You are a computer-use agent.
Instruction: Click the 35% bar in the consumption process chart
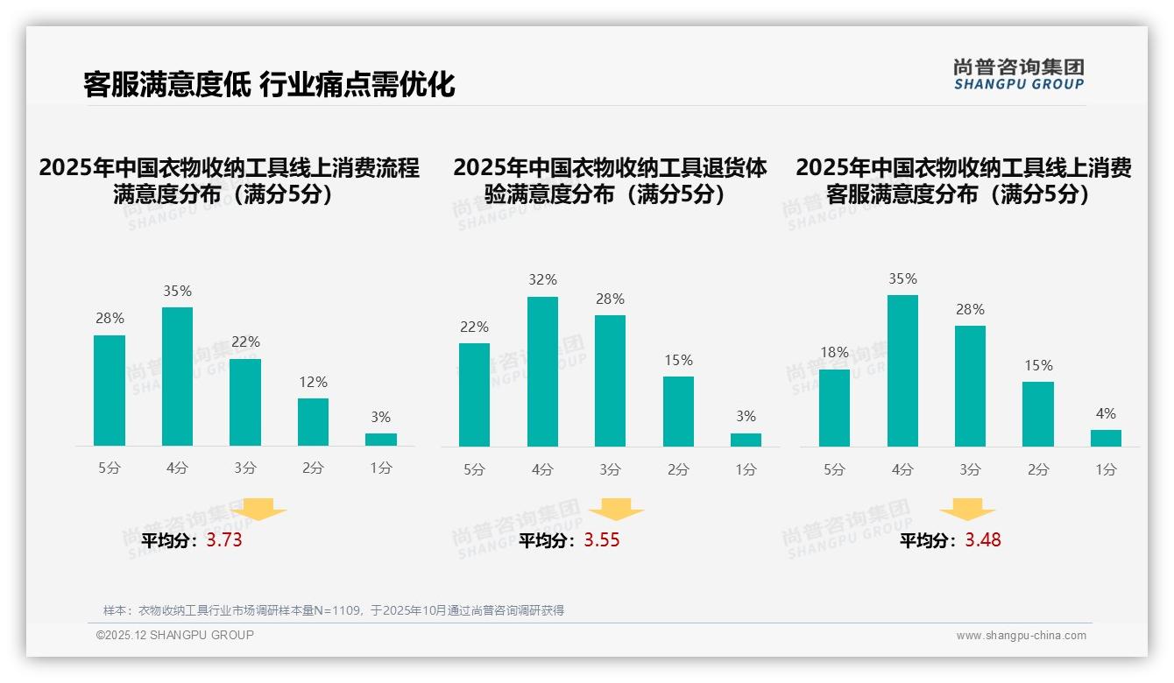[177, 377]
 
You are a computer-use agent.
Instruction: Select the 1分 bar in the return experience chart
[746, 440]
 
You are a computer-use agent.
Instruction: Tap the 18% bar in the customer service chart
[834, 408]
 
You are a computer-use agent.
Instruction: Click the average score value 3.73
[224, 540]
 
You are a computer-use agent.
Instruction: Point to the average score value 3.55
[602, 540]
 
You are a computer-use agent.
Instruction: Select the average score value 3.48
[983, 540]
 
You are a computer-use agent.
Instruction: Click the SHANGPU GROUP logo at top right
[1019, 74]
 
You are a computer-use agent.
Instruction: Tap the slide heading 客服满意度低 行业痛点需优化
[269, 85]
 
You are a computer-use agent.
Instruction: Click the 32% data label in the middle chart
[542, 280]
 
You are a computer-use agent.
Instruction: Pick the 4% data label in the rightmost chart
[1106, 413]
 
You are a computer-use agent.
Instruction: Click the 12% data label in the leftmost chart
[313, 382]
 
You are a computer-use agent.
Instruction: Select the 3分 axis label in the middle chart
[610, 470]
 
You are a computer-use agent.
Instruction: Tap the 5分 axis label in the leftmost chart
[110, 468]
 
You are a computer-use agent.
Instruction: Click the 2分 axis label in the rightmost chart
[1037, 470]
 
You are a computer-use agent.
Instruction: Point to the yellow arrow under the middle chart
[616, 510]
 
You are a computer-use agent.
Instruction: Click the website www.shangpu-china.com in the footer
[1021, 636]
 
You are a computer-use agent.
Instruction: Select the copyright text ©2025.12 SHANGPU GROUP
[174, 635]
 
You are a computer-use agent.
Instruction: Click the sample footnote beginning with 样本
[333, 610]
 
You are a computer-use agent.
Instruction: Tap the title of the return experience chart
[610, 180]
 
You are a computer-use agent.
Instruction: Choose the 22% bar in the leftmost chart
[245, 403]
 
